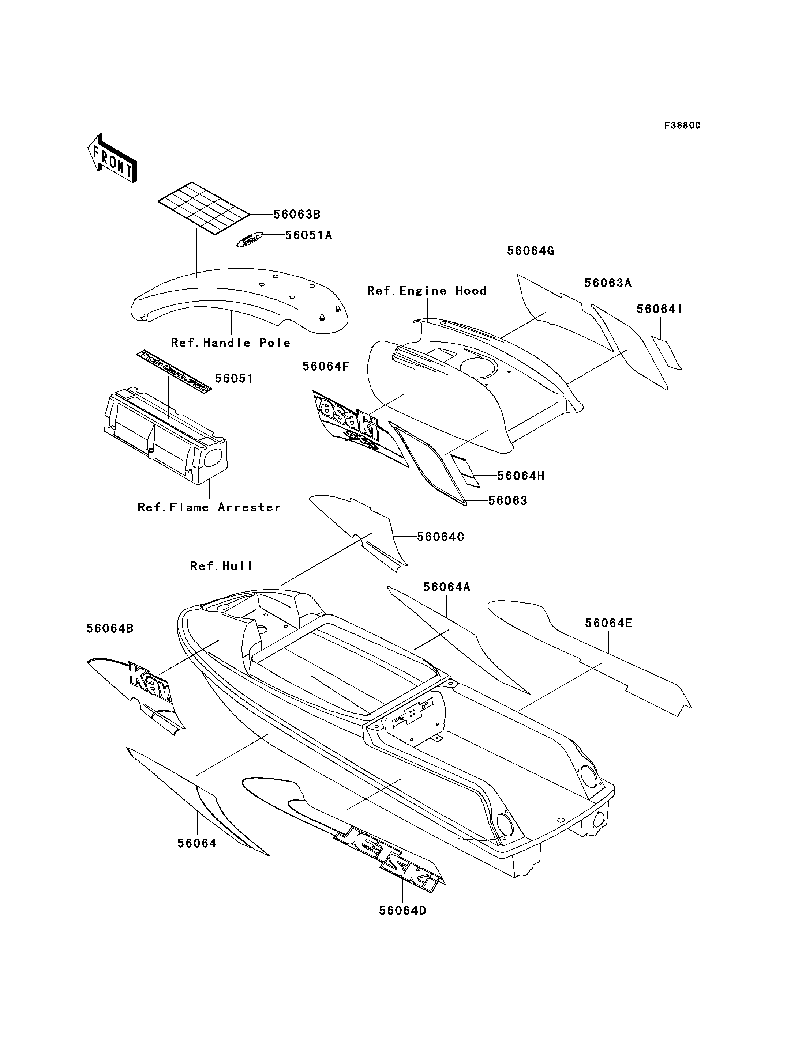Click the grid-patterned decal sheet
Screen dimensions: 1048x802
(204, 208)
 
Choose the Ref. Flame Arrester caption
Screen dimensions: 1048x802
(209, 507)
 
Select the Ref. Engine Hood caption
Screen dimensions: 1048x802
(427, 291)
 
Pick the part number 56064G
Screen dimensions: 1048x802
(531, 251)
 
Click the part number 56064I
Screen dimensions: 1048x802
(659, 309)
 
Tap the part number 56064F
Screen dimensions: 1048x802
(326, 367)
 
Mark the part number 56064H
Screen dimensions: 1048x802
(520, 476)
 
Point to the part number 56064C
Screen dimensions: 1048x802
(440, 537)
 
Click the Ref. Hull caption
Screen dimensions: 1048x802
(221, 566)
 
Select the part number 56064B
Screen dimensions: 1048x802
(110, 629)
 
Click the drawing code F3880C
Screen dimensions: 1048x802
(682, 125)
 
